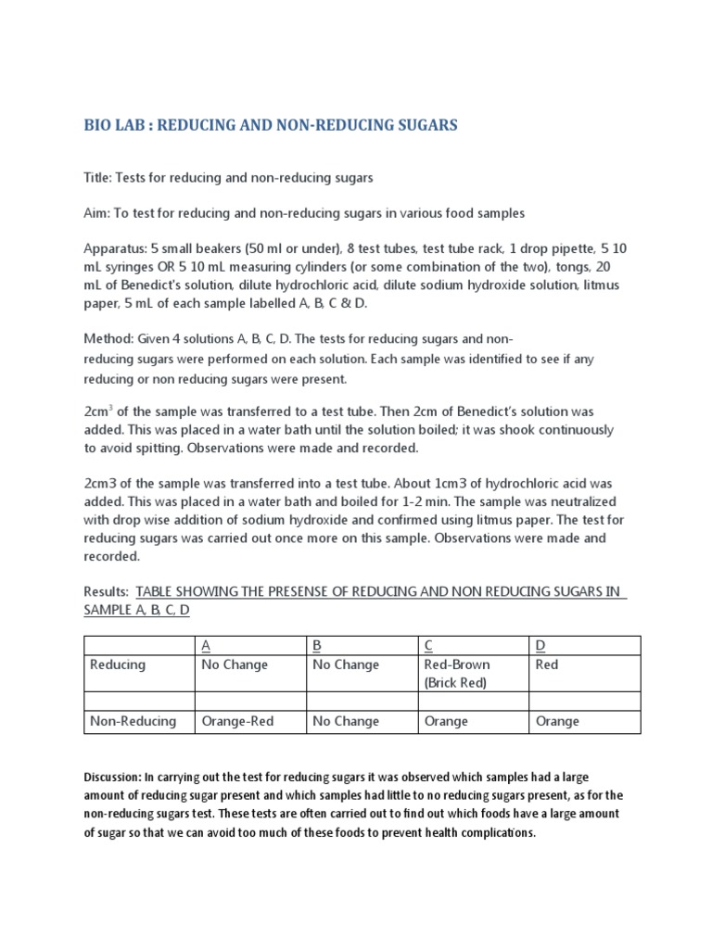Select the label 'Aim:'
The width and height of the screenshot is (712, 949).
[97, 213]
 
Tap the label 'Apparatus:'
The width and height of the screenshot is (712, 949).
[116, 249]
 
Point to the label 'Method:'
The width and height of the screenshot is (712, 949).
[110, 339]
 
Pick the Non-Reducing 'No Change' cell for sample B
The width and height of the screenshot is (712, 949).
[346, 721]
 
